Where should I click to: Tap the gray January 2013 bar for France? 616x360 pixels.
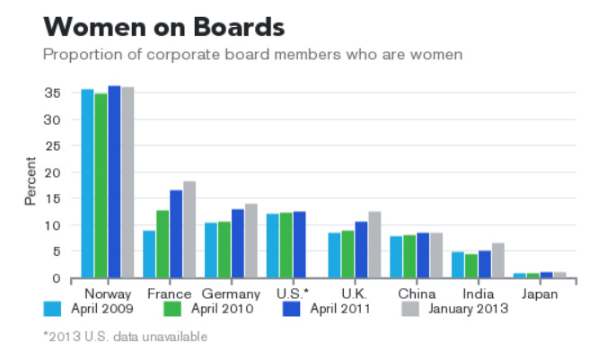[x=189, y=230]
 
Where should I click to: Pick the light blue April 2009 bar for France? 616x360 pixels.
[x=149, y=255]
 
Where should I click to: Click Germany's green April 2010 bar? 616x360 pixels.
[x=224, y=250]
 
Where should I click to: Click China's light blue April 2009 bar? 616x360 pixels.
[x=396, y=257]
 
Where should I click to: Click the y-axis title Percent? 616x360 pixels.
[x=31, y=181]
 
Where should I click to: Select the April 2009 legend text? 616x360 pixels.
[x=101, y=310]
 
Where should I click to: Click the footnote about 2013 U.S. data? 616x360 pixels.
[x=126, y=337]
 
